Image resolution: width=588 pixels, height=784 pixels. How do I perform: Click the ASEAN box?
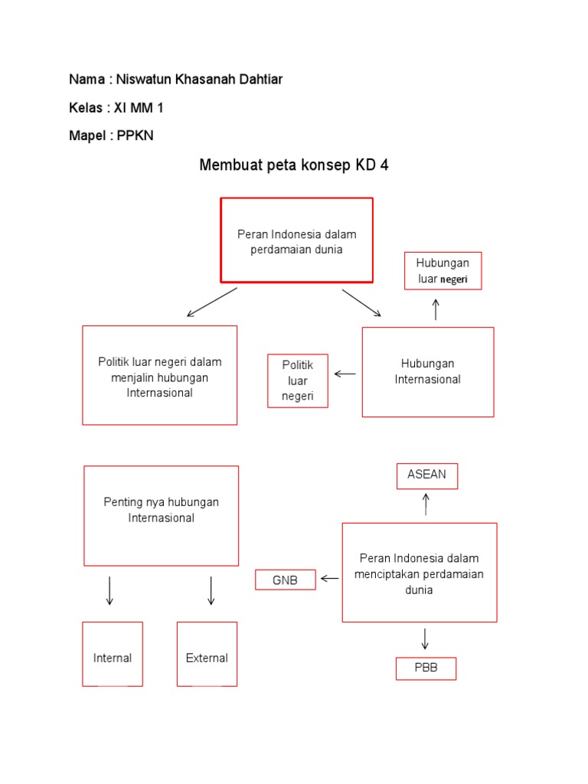(426, 475)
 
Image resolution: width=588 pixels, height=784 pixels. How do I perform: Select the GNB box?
(286, 580)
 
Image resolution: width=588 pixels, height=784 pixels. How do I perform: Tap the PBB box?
(426, 668)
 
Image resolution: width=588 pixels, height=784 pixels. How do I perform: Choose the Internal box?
(113, 654)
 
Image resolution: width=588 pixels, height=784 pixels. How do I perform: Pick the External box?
(207, 654)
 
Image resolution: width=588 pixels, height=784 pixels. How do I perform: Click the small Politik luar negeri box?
(297, 381)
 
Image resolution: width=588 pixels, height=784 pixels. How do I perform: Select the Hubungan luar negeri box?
(443, 271)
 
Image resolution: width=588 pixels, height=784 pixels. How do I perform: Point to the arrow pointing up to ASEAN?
(426, 505)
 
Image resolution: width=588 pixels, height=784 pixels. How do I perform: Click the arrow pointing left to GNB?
(330, 579)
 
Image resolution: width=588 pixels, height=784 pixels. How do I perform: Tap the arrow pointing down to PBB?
(425, 639)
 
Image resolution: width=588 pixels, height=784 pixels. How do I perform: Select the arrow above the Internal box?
(110, 590)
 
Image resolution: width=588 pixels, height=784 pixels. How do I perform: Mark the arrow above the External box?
(211, 590)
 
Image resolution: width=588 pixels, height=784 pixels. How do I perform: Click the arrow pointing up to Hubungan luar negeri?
(436, 309)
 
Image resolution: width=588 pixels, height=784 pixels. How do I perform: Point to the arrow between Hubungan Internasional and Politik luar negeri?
(345, 374)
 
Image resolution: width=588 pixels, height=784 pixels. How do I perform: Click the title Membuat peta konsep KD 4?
(294, 165)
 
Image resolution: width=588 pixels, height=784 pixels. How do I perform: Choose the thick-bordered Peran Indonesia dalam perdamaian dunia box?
(297, 240)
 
